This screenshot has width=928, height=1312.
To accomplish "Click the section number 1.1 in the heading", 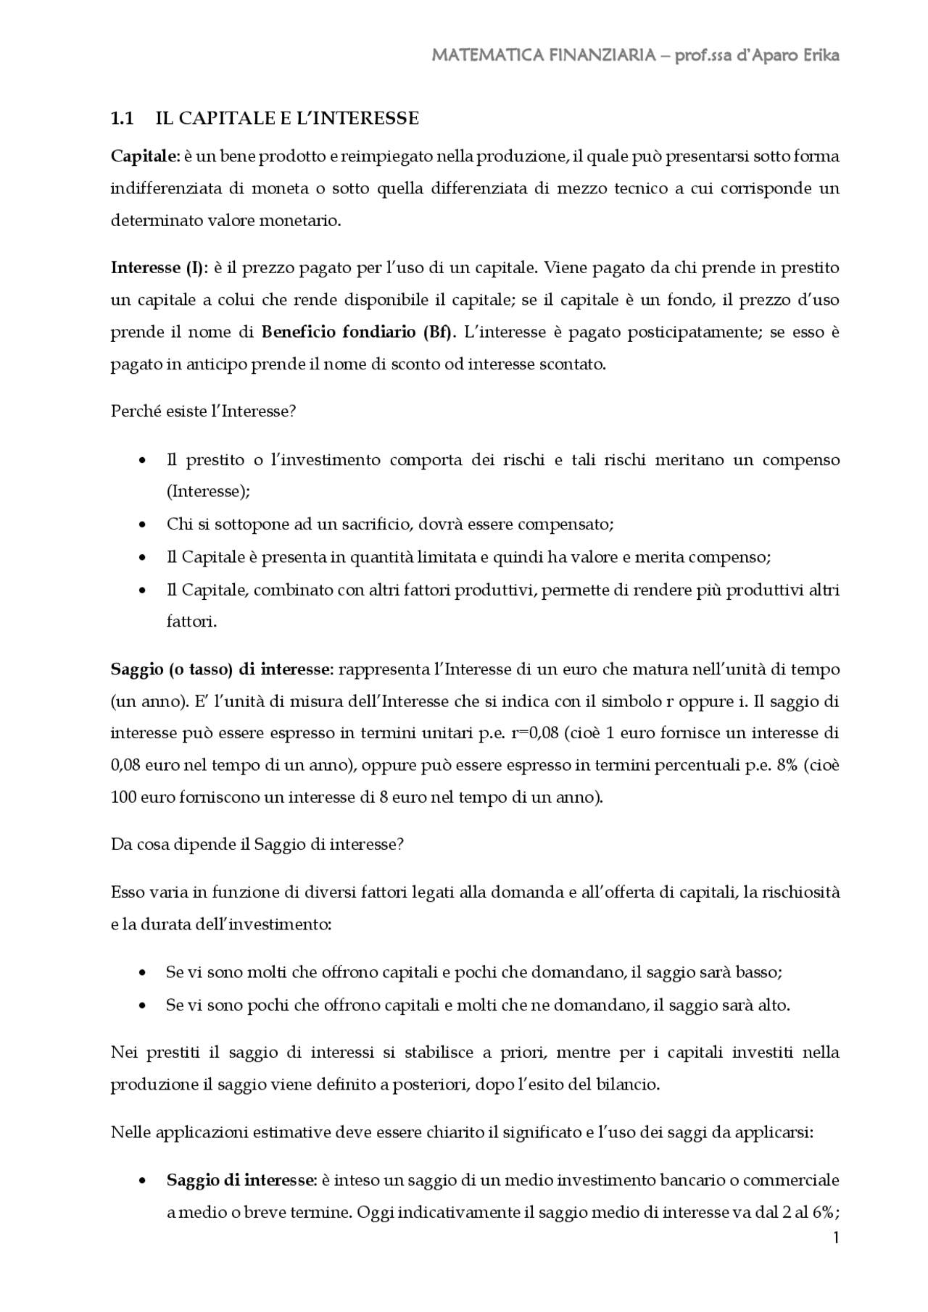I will (122, 119).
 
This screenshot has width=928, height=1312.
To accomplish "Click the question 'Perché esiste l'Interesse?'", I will (203, 411).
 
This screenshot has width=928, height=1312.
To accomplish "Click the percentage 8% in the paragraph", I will (787, 766).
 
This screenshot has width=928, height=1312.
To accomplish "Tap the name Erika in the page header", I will (821, 56).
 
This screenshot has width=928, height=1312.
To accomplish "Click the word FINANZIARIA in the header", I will (598, 56).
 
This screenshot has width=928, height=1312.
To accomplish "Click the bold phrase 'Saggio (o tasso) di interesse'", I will (220, 669).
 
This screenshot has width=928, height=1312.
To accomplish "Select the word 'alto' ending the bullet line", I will (771, 1005).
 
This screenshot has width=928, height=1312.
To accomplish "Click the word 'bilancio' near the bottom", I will (630, 1085).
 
